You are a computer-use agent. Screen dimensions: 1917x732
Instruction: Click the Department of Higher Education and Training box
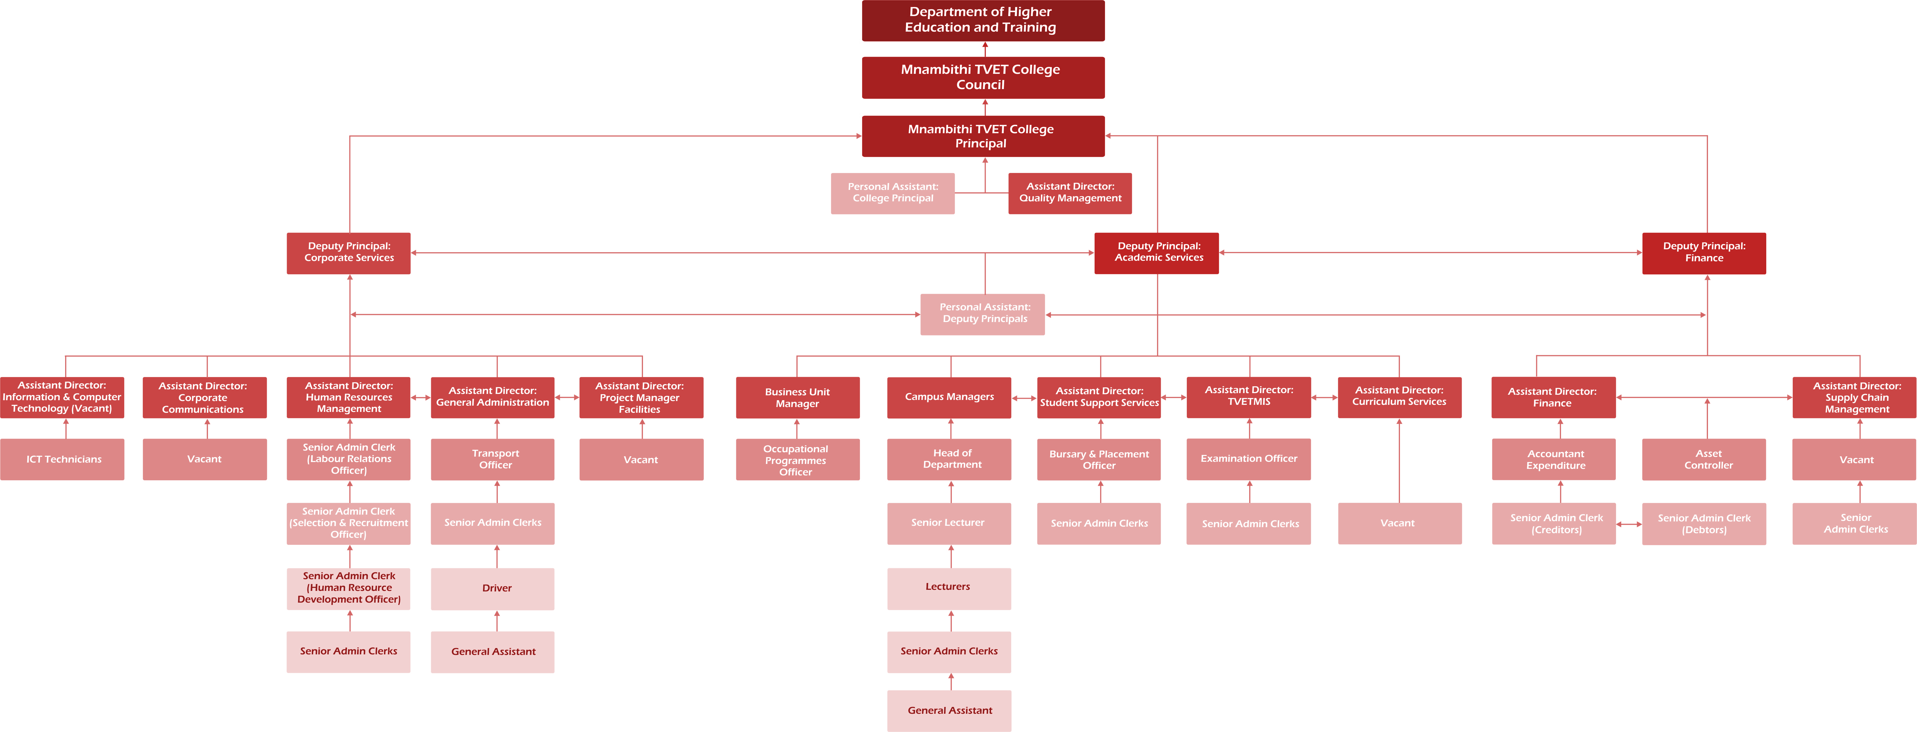[x=983, y=20]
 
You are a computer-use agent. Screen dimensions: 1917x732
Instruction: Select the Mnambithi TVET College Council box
[x=983, y=77]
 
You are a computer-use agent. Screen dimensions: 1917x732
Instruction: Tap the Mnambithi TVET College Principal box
[x=983, y=136]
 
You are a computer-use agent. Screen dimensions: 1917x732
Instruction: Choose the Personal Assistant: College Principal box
[x=892, y=193]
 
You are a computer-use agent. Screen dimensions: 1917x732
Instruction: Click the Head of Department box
[x=949, y=459]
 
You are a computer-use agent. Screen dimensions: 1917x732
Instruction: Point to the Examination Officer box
[x=1249, y=459]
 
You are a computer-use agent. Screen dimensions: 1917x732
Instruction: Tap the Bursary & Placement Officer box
[x=1099, y=459]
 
